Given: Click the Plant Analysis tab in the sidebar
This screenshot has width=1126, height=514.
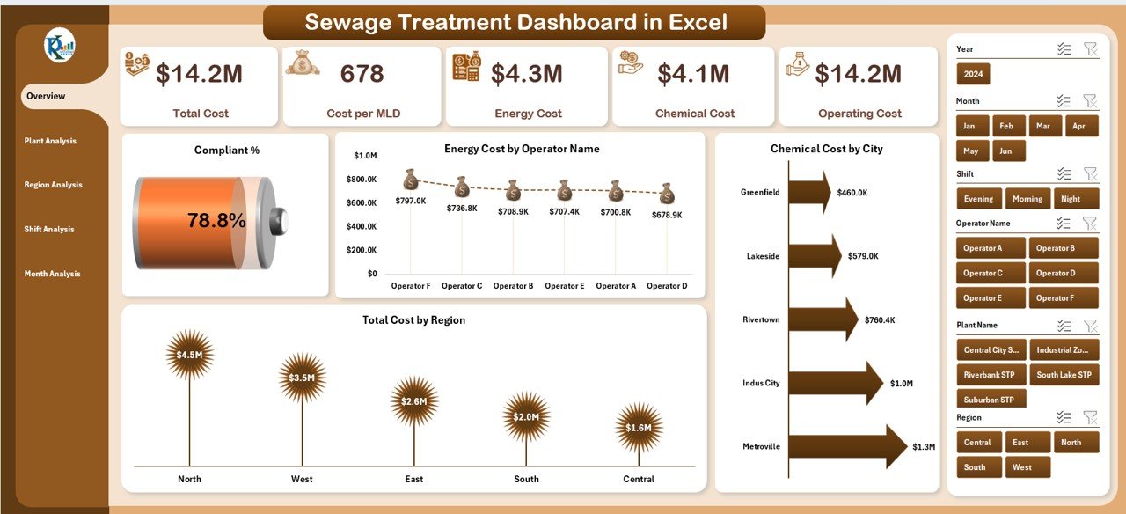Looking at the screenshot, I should pos(50,141).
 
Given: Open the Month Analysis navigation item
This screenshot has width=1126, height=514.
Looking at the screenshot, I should pos(52,274).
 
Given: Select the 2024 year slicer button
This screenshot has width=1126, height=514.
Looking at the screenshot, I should pos(973,74).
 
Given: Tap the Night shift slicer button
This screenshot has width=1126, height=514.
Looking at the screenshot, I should pos(1078,199).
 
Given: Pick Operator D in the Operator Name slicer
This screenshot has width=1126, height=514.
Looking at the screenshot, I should pos(1064,273).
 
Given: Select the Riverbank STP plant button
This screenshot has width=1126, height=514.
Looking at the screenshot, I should pos(989,375).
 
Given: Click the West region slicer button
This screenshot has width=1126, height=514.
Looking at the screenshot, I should pos(1022,467).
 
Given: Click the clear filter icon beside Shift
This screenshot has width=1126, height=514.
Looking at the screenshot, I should pos(1090,174).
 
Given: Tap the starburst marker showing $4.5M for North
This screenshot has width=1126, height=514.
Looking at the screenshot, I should pos(189,355).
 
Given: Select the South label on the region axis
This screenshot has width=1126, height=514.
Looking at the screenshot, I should pos(526,479).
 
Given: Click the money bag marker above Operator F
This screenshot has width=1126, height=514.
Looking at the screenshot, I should pos(411,180).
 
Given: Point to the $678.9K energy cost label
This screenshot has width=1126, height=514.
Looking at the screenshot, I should pos(666,215).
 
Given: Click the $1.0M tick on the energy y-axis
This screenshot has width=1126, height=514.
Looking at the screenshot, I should pos(365,156).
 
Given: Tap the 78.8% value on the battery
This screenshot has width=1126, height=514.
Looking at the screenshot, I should pos(216,221).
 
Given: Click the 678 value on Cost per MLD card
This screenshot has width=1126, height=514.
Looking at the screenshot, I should pos(362,74).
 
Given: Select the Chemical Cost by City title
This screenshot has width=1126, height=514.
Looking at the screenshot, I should pos(826,149).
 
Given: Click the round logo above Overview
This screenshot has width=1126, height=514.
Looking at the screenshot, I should pos(60,45).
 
